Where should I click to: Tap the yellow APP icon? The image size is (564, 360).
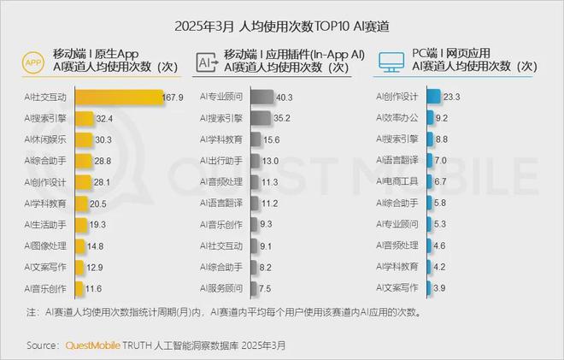33,63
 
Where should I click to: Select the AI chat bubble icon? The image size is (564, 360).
206,63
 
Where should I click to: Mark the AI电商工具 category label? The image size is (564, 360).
397,182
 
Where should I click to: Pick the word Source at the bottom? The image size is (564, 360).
43,345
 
